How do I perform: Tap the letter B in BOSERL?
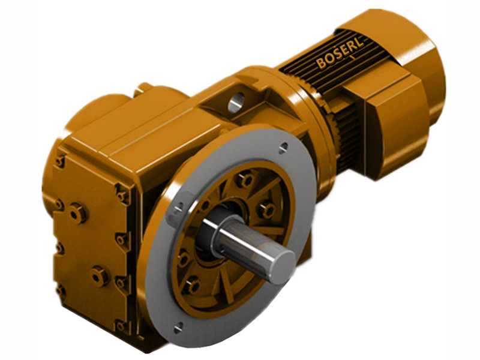[x=322, y=63]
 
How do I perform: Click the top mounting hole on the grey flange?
[x=283, y=146]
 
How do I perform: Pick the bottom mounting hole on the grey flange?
[x=178, y=327]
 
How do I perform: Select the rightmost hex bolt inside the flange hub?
[x=266, y=210]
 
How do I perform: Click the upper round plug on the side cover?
[x=77, y=212]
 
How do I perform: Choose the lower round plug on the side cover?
[x=99, y=276]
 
